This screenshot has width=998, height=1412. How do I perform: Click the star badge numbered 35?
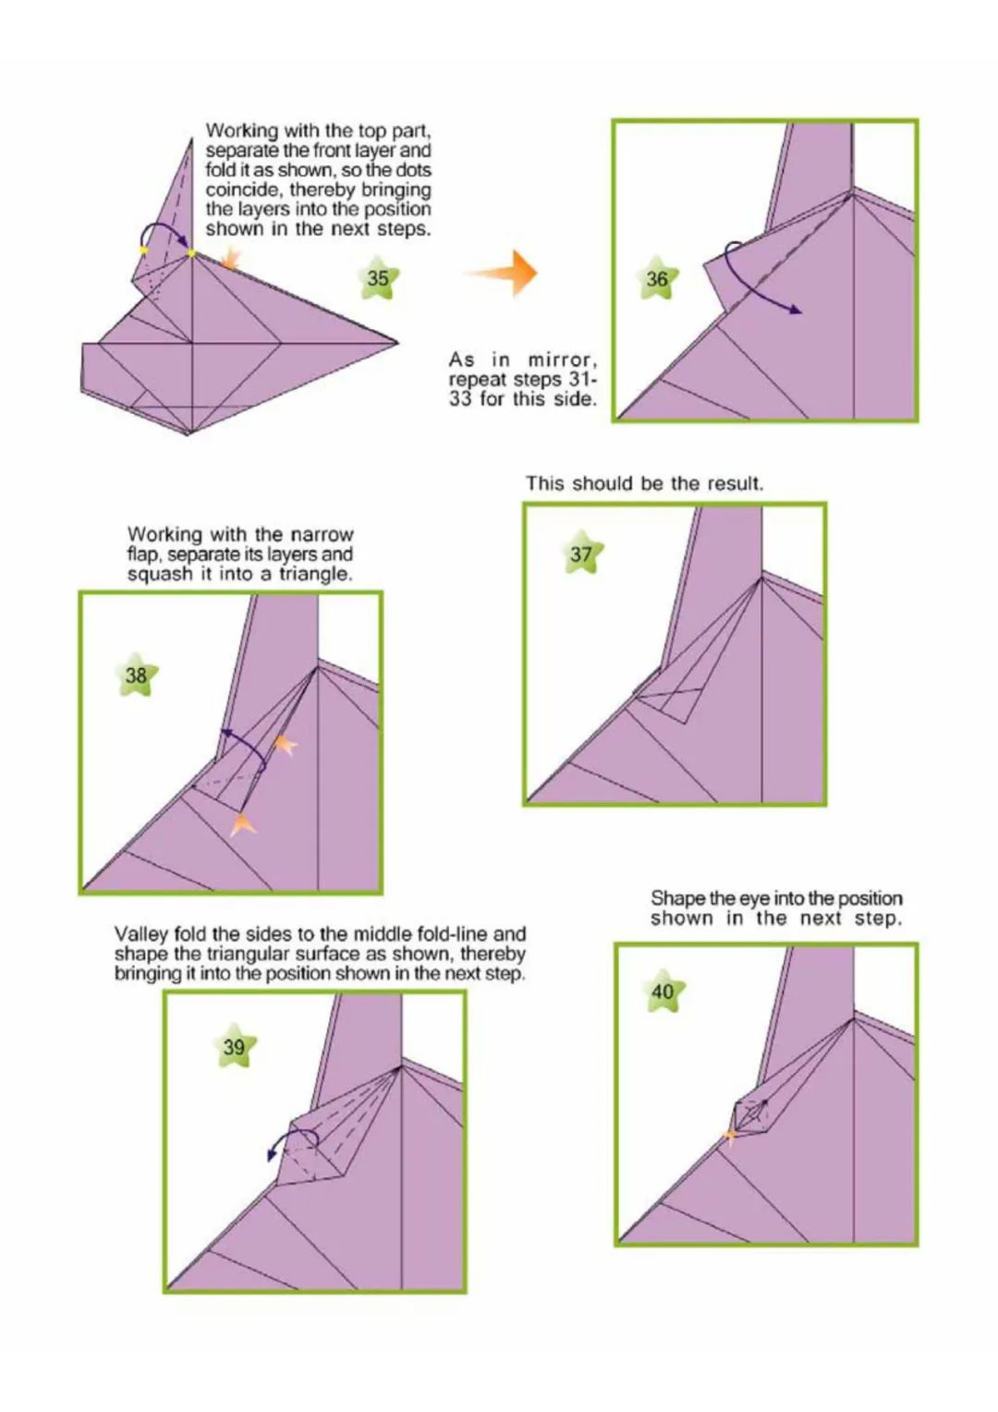tap(378, 278)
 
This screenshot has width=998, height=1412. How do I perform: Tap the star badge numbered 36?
tap(657, 278)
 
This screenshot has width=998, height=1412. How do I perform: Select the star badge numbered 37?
tap(581, 553)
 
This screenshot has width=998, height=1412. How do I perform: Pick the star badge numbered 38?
tap(137, 676)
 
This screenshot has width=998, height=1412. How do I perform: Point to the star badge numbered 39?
tap(235, 1047)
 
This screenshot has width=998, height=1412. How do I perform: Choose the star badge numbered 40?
tap(663, 992)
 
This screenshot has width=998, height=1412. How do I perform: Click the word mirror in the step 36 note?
tap(562, 361)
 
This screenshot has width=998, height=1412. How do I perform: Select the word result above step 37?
tap(736, 483)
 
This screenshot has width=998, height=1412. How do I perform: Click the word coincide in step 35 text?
tap(243, 189)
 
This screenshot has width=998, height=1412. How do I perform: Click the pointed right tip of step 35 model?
tap(397, 343)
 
